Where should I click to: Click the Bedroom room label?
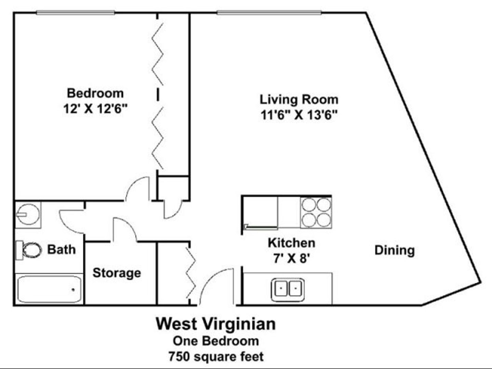95,93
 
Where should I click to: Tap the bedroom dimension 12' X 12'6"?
95,109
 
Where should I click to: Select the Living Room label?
299,99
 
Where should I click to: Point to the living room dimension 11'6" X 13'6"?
299,115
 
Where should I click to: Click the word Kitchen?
292,243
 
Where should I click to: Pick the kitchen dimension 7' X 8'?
292,259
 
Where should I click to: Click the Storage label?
117,273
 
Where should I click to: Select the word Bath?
61,249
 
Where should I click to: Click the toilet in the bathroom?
28,250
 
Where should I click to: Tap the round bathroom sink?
28,215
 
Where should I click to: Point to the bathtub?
49,289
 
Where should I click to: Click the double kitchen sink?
288,290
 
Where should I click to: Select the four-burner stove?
316,213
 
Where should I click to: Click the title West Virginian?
216,324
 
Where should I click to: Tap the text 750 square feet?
216,357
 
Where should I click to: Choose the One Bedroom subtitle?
216,341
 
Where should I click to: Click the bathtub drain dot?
73,289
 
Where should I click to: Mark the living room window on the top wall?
269,12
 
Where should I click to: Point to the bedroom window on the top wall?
76,12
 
